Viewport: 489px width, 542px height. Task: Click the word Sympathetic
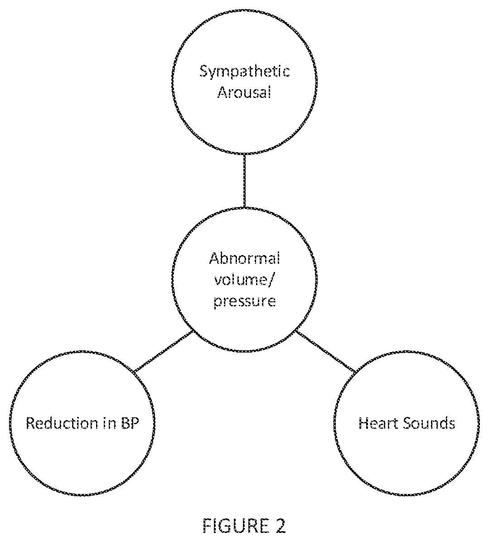point(244,73)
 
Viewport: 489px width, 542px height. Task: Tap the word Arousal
point(244,92)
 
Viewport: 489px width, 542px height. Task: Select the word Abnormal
point(244,259)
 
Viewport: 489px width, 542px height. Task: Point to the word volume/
point(244,279)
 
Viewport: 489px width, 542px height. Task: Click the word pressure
point(244,301)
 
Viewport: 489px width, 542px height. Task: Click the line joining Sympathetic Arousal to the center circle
point(244,180)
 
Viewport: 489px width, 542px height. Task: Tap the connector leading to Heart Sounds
point(325,351)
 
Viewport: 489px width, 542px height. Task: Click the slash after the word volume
point(271,279)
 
